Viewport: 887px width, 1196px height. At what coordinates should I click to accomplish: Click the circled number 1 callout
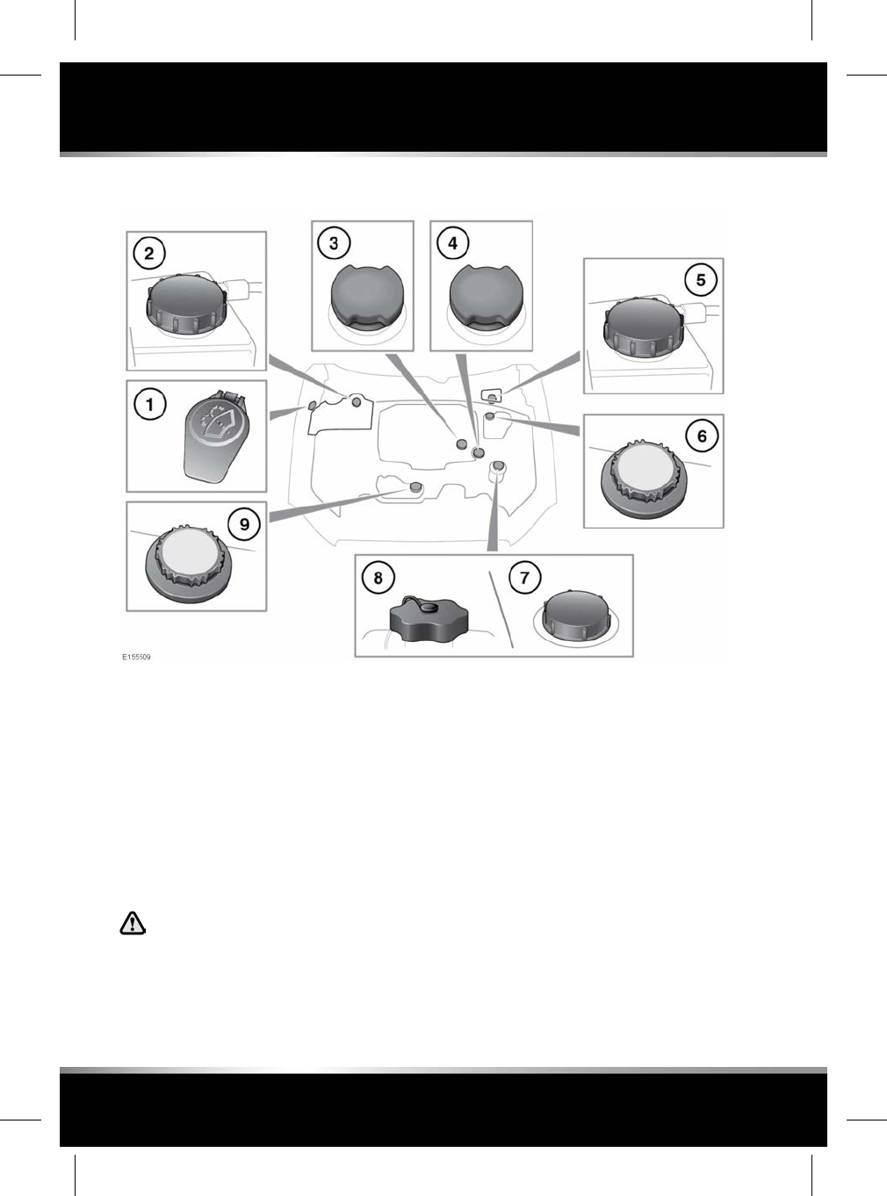pos(150,405)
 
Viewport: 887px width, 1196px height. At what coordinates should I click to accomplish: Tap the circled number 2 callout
pos(149,254)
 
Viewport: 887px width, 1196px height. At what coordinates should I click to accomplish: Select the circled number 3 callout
pos(334,242)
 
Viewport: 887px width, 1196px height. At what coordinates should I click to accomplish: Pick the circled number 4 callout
pos(453,242)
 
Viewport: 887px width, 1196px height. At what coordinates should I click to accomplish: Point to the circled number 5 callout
pos(701,280)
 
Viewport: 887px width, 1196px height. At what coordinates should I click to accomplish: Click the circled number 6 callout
pos(702,436)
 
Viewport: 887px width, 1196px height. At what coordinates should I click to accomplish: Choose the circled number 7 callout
pos(525,577)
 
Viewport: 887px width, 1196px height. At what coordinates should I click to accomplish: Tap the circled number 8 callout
pos(379,577)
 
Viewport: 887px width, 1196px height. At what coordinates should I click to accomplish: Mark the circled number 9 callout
pos(244,524)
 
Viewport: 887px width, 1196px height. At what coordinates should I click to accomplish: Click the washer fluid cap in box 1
pos(215,436)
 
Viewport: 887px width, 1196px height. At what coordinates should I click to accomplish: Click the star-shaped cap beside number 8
pos(427,621)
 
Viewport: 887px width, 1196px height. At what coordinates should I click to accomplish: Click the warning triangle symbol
pos(133,923)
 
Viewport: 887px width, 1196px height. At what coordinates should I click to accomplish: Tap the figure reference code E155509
pos(136,657)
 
